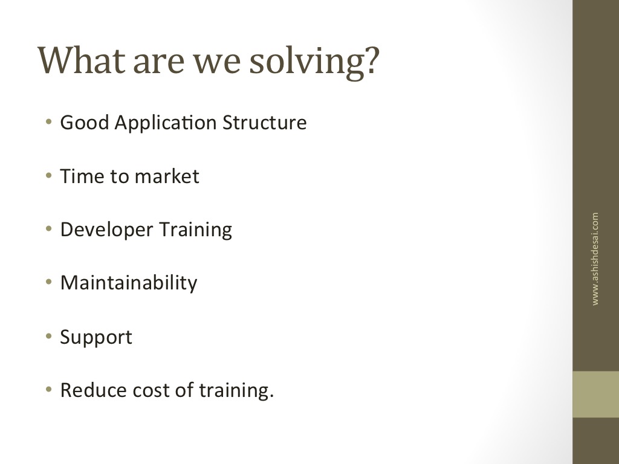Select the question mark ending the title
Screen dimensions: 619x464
[x=372, y=60]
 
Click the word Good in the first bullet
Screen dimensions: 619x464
[x=85, y=122]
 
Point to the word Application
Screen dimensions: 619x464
[x=166, y=123]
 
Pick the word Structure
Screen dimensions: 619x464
[x=265, y=122]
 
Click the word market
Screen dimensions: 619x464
[x=167, y=176]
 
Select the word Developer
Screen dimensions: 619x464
[x=106, y=230]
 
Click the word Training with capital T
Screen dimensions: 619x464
[x=196, y=230]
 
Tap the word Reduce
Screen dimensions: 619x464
[x=93, y=390]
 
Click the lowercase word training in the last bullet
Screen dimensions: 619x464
[x=236, y=391]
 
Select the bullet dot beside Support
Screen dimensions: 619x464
[x=48, y=337]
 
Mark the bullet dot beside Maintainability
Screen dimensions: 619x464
[x=48, y=282]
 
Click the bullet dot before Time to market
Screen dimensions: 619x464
[x=48, y=175]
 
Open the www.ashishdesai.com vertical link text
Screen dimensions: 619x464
[x=595, y=259]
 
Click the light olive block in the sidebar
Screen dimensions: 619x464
[x=595, y=394]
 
